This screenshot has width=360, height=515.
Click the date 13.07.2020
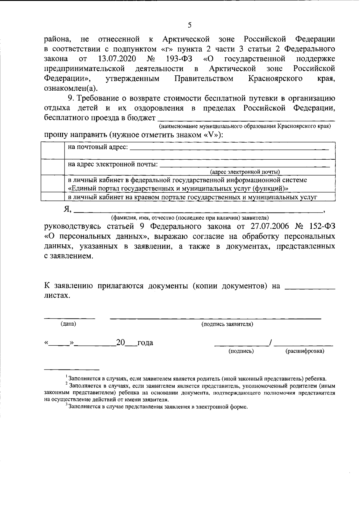(115, 59)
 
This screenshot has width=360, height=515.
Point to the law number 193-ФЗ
(179, 59)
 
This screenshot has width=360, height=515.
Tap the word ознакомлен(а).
(71, 88)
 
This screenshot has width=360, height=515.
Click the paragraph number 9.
(70, 98)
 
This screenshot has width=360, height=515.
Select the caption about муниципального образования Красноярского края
(245, 126)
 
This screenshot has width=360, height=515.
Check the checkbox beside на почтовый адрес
(52, 151)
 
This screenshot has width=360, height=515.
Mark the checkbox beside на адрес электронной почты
(52, 167)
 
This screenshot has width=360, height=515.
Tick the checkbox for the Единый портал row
(52, 184)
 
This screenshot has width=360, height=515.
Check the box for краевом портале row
(52, 197)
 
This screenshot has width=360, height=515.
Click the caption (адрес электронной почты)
(245, 172)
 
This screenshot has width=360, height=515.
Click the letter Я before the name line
(67, 209)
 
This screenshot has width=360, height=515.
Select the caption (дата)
(68, 324)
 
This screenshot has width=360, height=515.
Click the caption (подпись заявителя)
(227, 324)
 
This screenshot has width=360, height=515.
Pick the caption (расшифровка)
(304, 351)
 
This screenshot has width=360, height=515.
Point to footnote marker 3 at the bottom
(66, 405)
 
